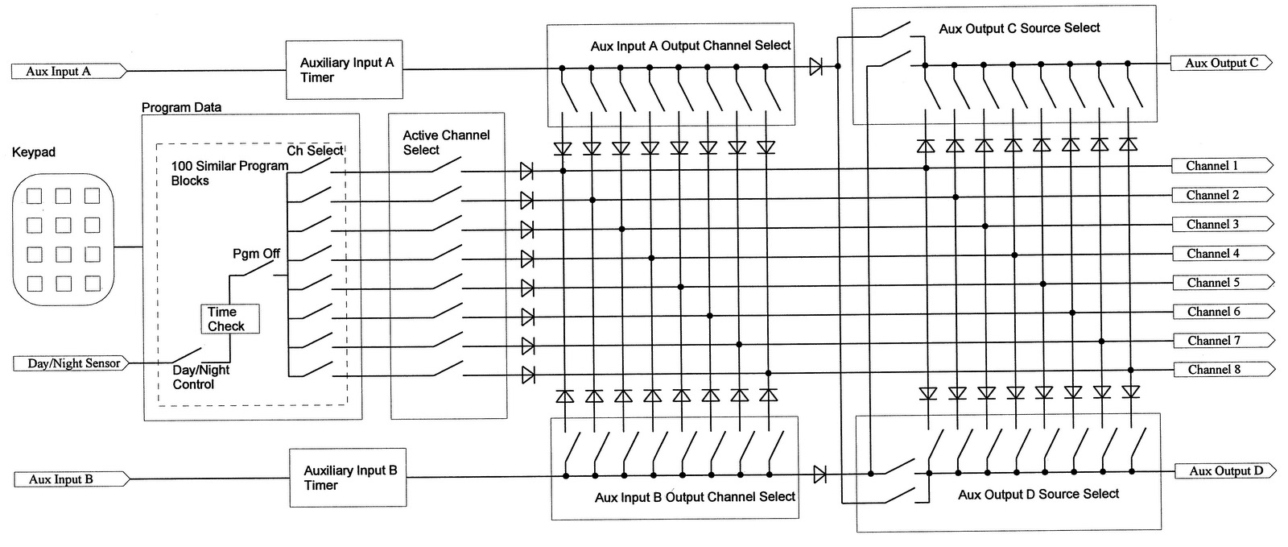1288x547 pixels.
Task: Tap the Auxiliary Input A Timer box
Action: click(345, 69)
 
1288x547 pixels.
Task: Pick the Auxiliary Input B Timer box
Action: click(348, 477)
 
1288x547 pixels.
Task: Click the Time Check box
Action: click(229, 319)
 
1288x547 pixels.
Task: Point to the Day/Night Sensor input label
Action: click(72, 363)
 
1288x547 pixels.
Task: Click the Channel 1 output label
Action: click(1213, 166)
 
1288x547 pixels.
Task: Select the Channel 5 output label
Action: click(1213, 283)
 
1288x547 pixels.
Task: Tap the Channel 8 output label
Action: click(1213, 370)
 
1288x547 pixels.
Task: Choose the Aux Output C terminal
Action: click(1221, 63)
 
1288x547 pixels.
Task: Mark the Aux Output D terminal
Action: click(1225, 471)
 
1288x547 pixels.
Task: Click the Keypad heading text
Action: click(34, 152)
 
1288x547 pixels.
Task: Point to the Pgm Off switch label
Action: click(256, 254)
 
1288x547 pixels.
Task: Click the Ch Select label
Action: click(315, 151)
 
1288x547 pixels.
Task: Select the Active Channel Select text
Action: click(446, 143)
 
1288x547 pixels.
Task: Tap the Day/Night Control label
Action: click(200, 377)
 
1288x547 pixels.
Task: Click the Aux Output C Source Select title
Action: click(1019, 28)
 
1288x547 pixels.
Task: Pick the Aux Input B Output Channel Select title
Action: click(695, 497)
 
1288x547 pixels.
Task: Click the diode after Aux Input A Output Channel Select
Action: click(815, 67)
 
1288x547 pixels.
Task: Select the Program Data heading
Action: click(181, 107)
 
